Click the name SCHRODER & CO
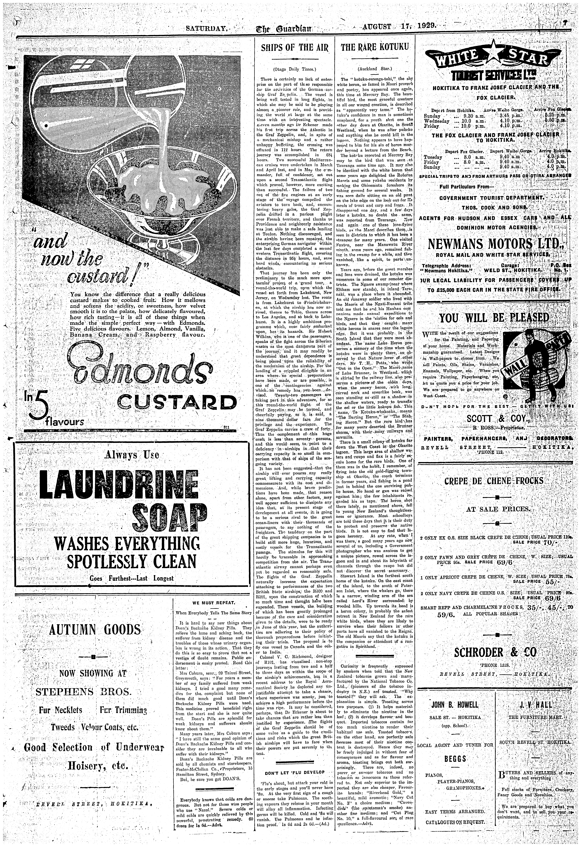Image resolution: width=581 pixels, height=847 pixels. point(495,652)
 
